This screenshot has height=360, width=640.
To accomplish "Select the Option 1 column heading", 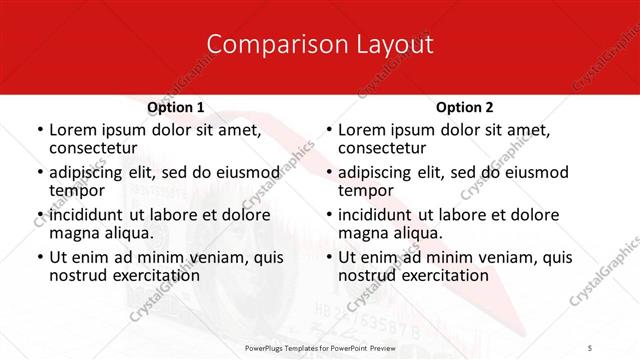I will (x=176, y=107).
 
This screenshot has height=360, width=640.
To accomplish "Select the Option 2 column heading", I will (x=465, y=107).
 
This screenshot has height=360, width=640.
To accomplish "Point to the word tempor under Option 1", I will (x=77, y=190).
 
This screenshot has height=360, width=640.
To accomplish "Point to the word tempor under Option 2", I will (x=366, y=190).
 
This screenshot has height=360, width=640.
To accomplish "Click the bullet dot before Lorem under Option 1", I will (x=39, y=131).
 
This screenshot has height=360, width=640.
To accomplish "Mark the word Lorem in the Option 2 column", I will (x=362, y=130).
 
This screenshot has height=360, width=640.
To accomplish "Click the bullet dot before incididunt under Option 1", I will (x=39, y=216).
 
